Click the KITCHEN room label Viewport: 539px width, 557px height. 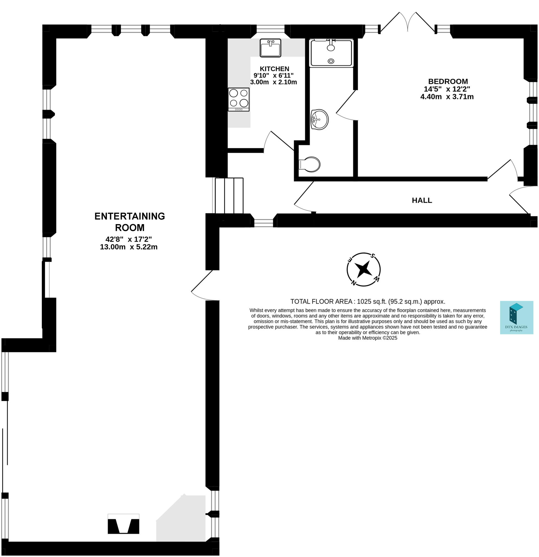tap(274, 69)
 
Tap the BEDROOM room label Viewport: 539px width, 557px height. tap(448, 82)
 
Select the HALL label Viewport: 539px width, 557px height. tap(422, 200)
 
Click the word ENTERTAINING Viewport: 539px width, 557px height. tap(129, 216)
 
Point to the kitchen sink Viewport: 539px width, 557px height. tap(270, 48)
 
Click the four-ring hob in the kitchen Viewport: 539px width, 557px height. tap(239, 99)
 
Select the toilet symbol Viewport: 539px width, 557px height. tap(310, 164)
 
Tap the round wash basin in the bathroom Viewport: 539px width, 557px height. tap(320, 119)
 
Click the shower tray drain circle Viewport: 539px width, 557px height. tap(331, 61)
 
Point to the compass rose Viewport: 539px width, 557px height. tap(363, 269)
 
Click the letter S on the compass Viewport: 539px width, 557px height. tap(373, 255)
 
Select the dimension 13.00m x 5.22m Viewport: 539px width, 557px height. tap(129, 247)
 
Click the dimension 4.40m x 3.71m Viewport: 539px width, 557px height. tap(447, 97)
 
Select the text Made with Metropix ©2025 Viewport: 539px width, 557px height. tap(367, 338)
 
